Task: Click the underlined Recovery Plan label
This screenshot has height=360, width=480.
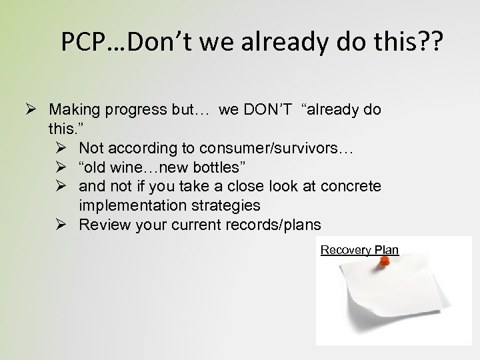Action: [359, 250]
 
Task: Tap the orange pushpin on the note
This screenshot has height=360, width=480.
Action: [383, 263]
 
